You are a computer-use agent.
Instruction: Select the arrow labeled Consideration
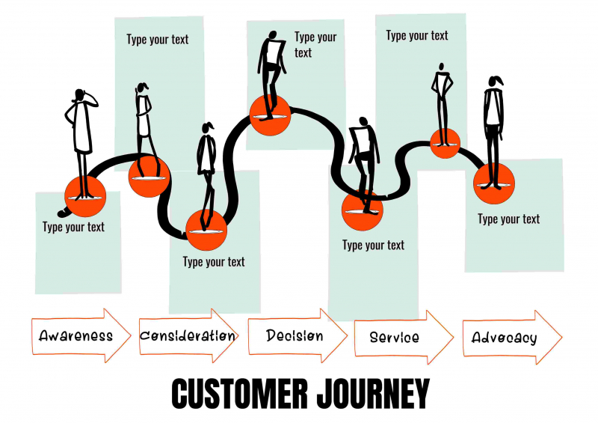[x=188, y=336]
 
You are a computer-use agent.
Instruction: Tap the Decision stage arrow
[x=297, y=336]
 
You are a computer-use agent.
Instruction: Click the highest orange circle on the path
[x=270, y=115]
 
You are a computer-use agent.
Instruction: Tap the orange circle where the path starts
[x=85, y=197]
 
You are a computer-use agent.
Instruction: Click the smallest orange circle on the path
[x=445, y=142]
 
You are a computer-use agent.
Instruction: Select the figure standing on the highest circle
[x=271, y=67]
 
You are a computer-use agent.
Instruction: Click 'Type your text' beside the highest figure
[x=315, y=44]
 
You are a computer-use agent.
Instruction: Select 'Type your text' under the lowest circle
[x=214, y=261]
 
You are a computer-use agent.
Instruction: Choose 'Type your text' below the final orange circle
[x=508, y=219]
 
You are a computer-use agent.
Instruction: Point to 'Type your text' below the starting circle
[x=73, y=227]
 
